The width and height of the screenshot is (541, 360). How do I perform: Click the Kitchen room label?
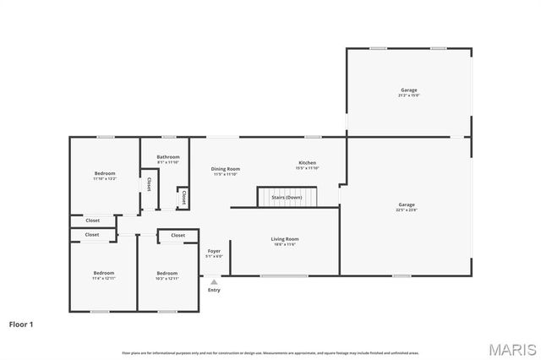(x=307, y=162)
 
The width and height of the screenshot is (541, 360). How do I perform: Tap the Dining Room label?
(x=226, y=169)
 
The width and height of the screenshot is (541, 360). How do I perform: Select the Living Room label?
(x=285, y=239)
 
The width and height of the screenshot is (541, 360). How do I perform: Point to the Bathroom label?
(x=168, y=157)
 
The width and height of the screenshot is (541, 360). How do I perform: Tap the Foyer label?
(x=214, y=251)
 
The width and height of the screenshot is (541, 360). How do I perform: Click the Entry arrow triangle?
(x=214, y=281)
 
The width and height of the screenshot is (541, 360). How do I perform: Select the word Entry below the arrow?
(x=214, y=290)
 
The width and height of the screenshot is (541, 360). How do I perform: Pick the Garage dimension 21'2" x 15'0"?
(x=408, y=95)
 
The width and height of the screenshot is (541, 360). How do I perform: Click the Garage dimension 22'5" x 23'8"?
(x=407, y=210)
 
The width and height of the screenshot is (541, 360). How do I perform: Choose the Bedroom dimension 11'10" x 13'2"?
(x=105, y=178)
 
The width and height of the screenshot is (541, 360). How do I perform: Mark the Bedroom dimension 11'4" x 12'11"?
(x=104, y=278)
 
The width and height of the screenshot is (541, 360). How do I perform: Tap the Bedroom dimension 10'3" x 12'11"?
(x=167, y=278)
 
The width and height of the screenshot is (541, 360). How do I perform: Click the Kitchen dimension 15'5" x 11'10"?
(x=307, y=168)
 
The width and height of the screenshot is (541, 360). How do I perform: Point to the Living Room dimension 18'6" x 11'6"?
(x=285, y=244)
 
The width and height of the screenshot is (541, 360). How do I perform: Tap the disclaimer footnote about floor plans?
(x=270, y=352)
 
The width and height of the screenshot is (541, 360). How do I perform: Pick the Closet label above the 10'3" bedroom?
(x=178, y=235)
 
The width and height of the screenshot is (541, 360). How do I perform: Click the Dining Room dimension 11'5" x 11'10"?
(x=226, y=174)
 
